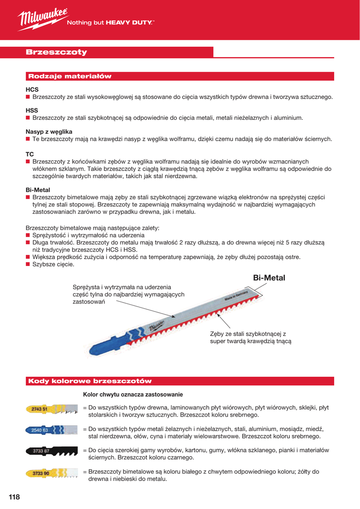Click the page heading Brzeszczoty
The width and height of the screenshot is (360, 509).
click(x=56, y=52)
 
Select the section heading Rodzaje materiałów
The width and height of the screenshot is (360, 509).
click(x=70, y=77)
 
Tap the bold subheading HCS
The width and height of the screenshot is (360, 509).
click(x=32, y=89)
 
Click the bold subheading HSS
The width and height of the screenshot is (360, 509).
click(x=32, y=110)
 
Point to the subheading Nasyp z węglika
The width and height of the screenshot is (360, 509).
click(x=49, y=131)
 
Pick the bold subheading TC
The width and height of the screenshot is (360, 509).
click(x=30, y=154)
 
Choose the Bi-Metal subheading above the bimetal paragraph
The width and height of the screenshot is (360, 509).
click(x=38, y=190)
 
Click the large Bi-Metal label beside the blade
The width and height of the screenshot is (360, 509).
click(x=269, y=278)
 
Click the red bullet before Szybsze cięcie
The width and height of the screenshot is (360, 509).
click(x=28, y=264)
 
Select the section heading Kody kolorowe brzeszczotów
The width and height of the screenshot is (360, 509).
click(x=90, y=381)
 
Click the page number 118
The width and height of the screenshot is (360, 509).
click(x=14, y=497)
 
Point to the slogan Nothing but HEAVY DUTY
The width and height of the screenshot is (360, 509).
click(x=110, y=22)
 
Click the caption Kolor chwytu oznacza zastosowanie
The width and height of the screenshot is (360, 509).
click(x=133, y=394)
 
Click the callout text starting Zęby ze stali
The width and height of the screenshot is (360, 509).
click(x=251, y=338)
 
